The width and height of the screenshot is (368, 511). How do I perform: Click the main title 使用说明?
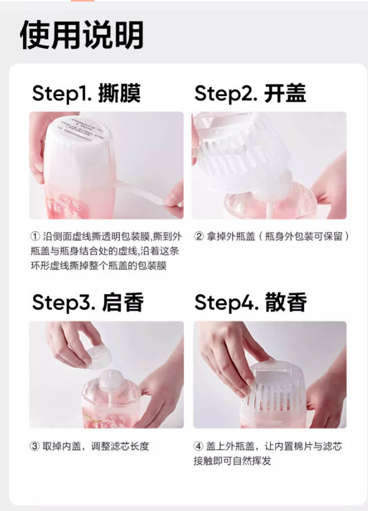tap(82, 35)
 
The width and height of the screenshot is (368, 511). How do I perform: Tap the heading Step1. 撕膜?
tap(86, 93)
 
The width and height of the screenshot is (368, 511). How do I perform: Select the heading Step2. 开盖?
tap(250, 93)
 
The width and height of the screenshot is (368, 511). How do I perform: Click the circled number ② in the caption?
tap(199, 236)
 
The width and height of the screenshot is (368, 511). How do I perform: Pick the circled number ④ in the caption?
tap(199, 446)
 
